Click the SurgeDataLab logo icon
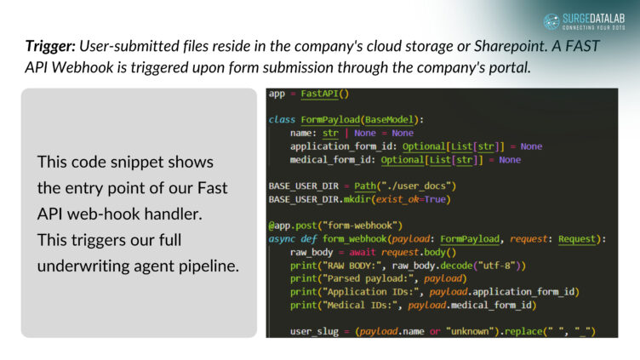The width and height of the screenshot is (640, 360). (551, 21)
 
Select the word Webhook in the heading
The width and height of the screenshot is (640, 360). (84, 66)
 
